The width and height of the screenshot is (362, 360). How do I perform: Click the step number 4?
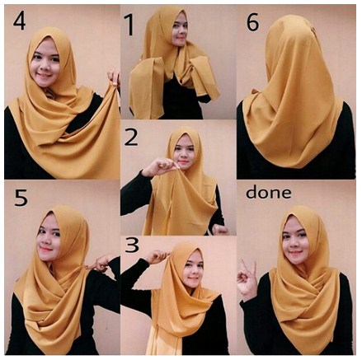click(x=19, y=21)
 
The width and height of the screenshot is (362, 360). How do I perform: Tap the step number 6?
click(x=252, y=22)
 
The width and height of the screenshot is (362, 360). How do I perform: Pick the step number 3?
click(x=132, y=245)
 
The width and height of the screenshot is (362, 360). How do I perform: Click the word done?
click(x=268, y=193)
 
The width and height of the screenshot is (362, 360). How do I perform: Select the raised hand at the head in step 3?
click(x=157, y=257)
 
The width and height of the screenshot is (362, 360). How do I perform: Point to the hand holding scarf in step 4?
click(x=114, y=77)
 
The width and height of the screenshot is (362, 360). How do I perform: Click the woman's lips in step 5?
click(x=46, y=250)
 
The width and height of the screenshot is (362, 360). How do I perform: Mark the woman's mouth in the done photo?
click(x=294, y=253)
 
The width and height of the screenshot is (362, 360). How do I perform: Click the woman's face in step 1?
click(x=180, y=30)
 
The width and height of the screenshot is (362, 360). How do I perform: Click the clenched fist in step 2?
click(x=220, y=230)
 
